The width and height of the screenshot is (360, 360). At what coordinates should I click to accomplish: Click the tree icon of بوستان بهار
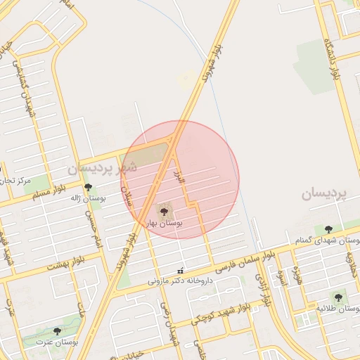click(x=164, y=210)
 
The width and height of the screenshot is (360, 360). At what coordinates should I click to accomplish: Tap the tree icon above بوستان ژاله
click(x=88, y=187)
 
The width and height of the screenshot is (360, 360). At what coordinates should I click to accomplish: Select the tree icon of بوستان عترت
click(x=57, y=330)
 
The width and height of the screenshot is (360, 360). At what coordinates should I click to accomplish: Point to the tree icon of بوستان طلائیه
click(x=338, y=297)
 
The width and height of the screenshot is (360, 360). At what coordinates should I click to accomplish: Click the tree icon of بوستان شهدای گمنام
click(x=328, y=229)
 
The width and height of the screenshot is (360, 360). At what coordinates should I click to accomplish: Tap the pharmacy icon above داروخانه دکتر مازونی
click(x=181, y=271)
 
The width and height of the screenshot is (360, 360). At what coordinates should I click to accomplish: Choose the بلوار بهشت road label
click(x=65, y=264)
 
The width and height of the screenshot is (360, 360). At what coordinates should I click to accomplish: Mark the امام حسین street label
click(x=89, y=229)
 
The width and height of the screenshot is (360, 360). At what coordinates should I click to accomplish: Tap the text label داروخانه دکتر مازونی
click(x=184, y=280)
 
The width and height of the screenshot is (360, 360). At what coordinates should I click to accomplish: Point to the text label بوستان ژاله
click(x=87, y=198)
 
